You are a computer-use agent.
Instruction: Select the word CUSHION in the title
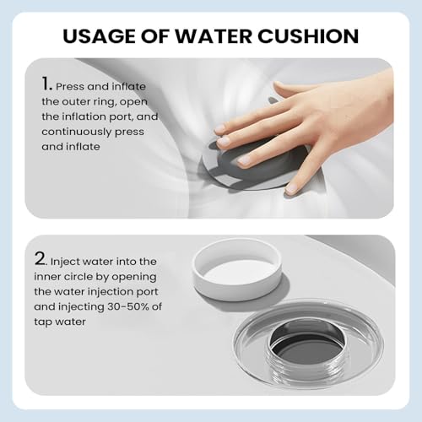point(308,36)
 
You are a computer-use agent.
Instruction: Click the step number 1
point(46,84)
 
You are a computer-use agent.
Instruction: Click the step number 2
point(41,258)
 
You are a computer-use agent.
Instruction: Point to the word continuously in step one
point(77,132)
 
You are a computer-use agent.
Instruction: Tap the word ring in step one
point(106,102)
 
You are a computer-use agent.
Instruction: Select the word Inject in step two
point(65,262)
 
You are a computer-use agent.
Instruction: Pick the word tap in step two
point(42,322)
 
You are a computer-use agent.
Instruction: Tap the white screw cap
point(237,269)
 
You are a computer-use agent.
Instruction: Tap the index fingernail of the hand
point(220,129)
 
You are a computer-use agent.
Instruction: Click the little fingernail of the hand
point(291,187)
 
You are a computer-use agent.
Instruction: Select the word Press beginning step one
point(70,87)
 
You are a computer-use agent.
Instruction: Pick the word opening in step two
point(134,277)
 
